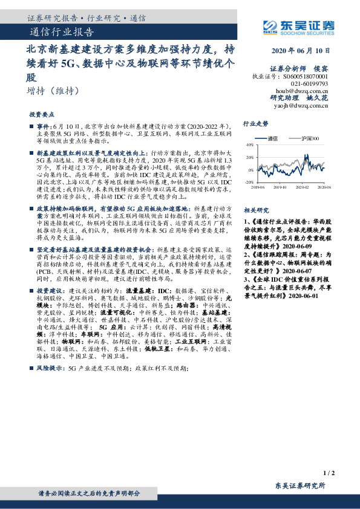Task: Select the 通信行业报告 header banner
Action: (61, 33)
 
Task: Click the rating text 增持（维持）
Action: (53, 91)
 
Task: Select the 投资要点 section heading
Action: (42, 113)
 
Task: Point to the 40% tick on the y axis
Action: (249, 145)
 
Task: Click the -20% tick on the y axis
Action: (249, 181)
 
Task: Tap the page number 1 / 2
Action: (329, 472)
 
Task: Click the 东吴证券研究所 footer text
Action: (299, 485)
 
